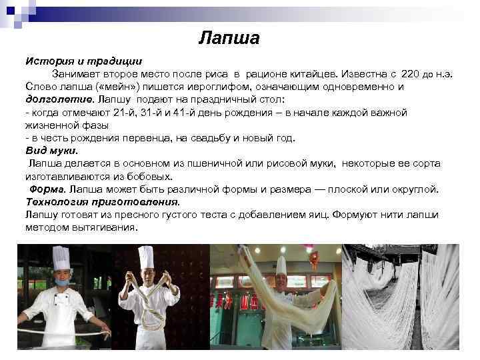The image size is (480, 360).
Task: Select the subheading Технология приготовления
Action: (102, 201)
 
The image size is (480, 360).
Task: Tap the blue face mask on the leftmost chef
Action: (61, 283)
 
